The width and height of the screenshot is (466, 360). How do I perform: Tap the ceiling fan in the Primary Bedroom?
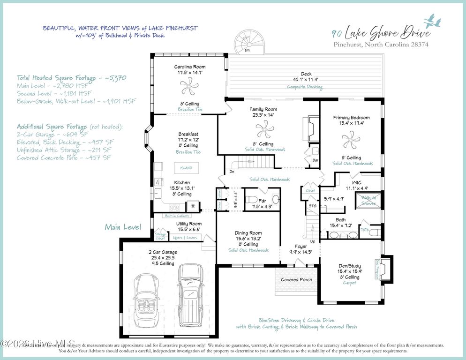[351, 139]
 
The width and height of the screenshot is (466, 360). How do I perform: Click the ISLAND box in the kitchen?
[186, 167]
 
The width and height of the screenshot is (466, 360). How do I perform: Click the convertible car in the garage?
[147, 302]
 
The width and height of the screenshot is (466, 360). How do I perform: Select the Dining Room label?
[248, 233]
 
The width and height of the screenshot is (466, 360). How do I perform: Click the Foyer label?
[301, 246]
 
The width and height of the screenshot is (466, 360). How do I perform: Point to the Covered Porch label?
[296, 280]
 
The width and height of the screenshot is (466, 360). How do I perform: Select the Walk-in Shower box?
[369, 201]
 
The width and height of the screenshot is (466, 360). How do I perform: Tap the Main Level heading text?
[123, 227]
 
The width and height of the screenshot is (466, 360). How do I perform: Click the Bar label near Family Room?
[315, 160]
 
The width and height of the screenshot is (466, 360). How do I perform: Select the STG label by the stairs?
[312, 205]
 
